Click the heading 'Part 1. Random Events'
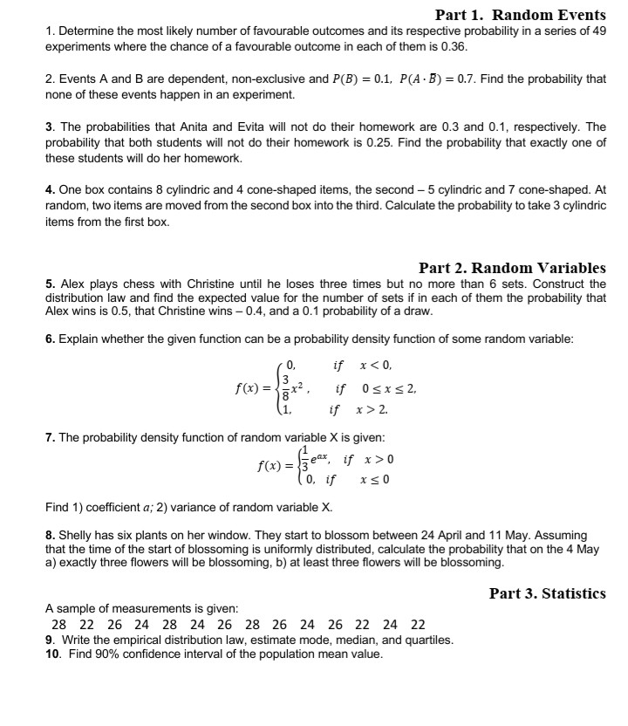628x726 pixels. point(520,15)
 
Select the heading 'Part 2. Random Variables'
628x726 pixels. point(512,268)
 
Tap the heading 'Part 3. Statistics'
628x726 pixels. point(547,593)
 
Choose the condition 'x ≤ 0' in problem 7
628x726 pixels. point(374,479)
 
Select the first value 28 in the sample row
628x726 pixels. point(59,624)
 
